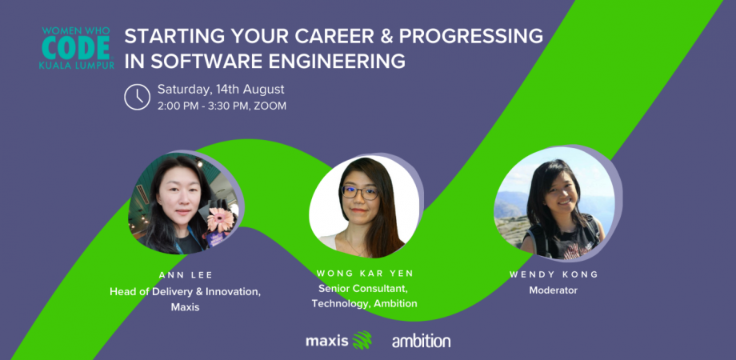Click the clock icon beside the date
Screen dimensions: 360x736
138,97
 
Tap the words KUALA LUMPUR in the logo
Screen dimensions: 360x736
76,64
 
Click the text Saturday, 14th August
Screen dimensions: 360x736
220,89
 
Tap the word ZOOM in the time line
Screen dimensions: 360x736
270,106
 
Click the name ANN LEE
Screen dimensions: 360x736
184,274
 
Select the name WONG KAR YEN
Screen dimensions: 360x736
364,274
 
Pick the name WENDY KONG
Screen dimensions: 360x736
554,274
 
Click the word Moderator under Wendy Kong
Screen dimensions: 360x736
554,290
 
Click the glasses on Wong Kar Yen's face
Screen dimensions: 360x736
360,193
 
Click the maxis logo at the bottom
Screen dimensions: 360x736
327,341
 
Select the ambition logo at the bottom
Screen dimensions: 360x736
421,341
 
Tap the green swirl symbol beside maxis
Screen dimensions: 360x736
362,340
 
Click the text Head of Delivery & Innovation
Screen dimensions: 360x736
185,291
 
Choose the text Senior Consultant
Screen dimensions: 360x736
364,288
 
